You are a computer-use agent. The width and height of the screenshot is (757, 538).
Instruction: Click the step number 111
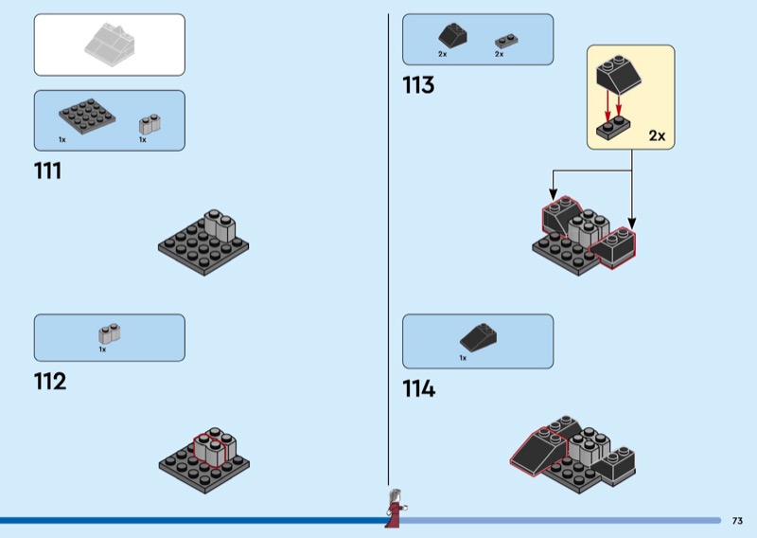47,171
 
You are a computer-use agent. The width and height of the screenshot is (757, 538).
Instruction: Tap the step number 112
49,382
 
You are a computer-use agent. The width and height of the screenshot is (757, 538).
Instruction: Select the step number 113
417,85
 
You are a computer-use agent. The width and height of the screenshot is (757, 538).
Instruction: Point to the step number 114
418,388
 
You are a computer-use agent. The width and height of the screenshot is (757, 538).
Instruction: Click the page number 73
737,520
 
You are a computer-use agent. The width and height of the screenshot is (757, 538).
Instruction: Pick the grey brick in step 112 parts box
109,333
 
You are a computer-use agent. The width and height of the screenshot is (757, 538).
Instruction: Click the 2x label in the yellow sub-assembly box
657,135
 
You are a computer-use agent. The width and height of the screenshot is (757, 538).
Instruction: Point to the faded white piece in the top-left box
110,44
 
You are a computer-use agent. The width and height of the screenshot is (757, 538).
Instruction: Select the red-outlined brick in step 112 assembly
210,448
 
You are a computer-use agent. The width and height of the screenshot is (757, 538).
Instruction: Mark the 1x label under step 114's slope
463,358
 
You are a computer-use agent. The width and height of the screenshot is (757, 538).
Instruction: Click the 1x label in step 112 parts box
102,349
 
